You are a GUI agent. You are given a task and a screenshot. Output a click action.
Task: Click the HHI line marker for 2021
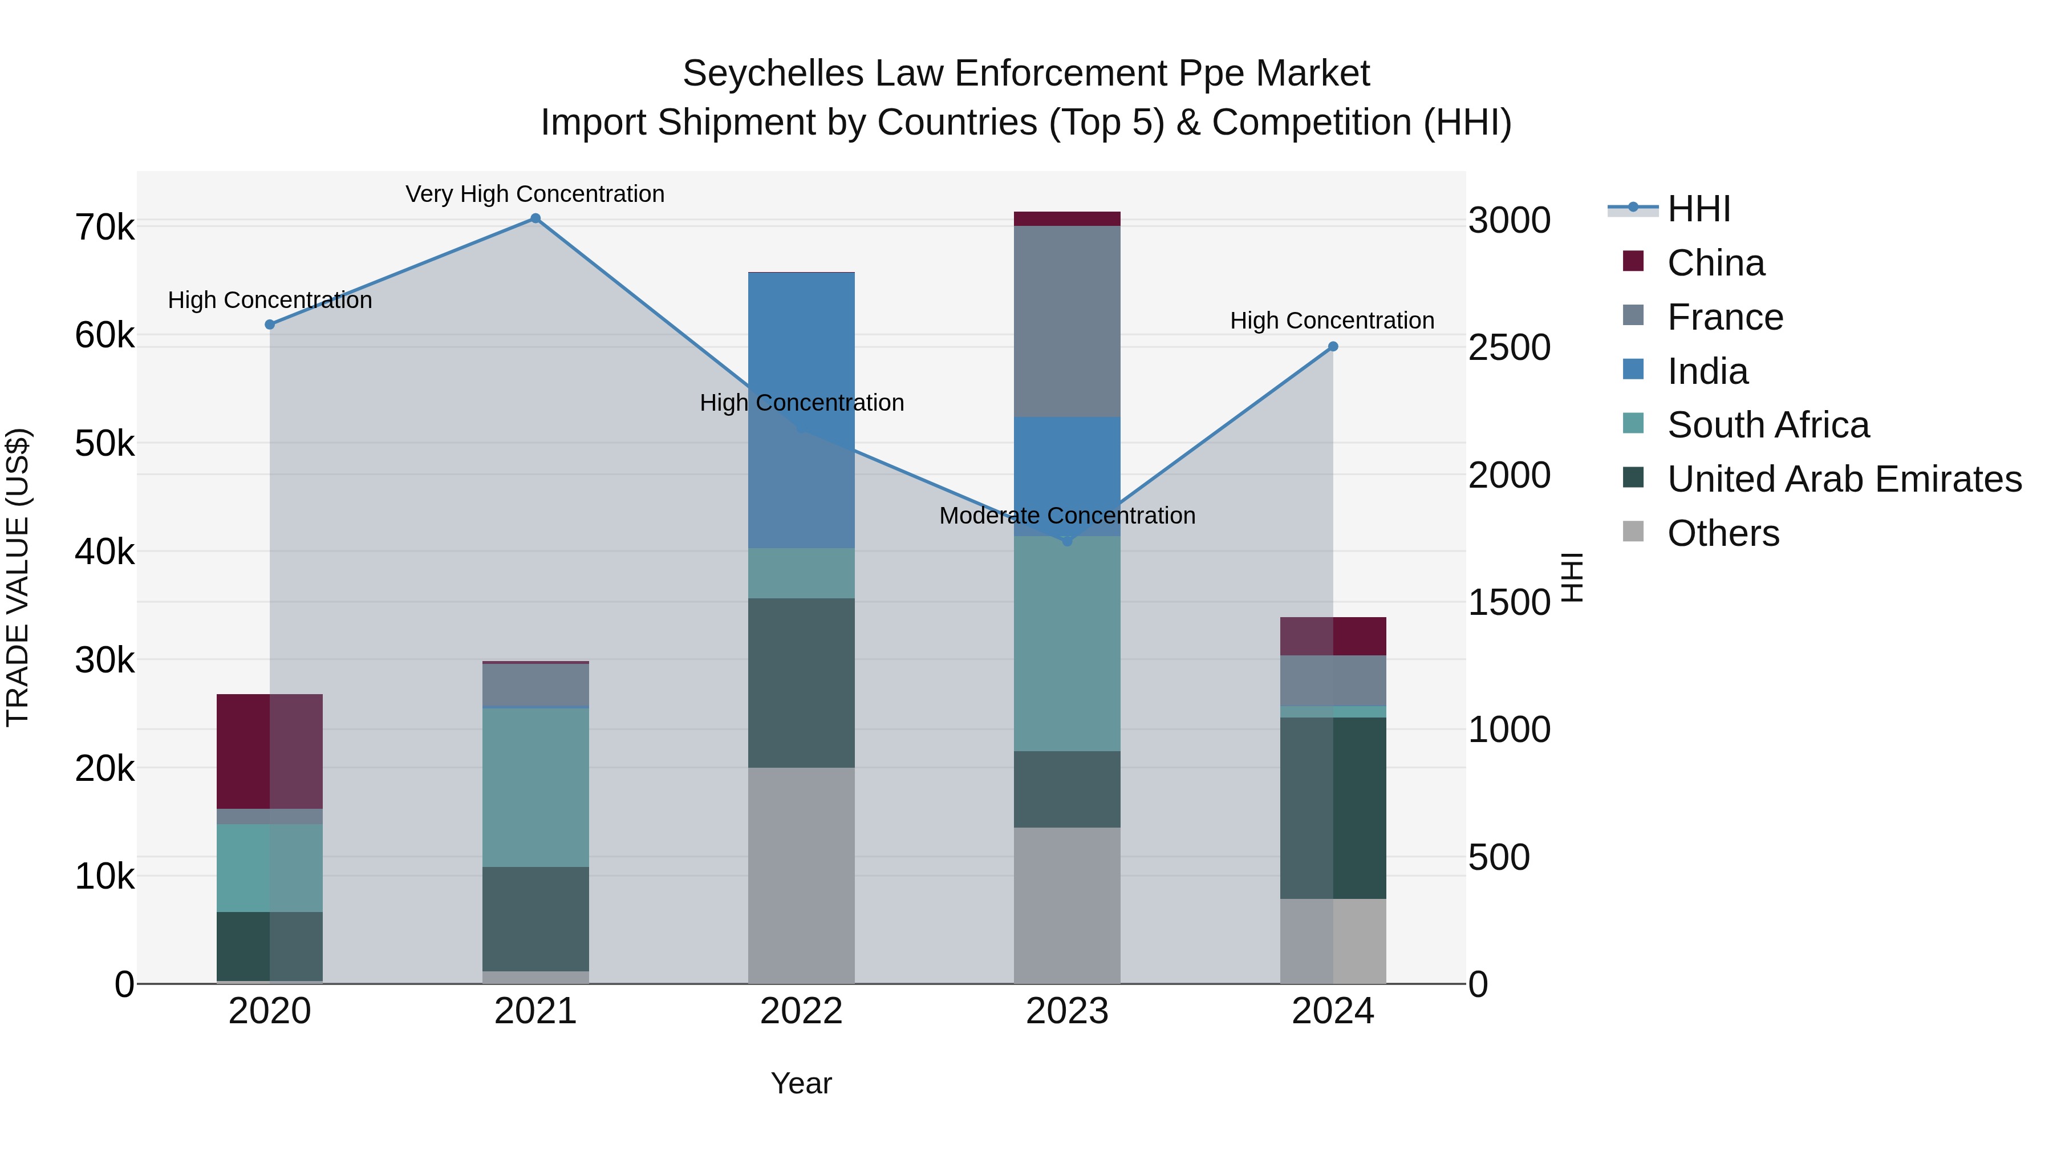(535, 218)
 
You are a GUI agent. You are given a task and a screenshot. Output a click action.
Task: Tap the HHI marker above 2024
(1333, 347)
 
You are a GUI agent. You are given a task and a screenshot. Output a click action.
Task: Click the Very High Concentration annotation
(535, 194)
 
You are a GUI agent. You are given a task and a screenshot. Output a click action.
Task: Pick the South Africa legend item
(1768, 425)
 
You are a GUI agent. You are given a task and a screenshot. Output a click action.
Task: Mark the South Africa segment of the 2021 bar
(535, 788)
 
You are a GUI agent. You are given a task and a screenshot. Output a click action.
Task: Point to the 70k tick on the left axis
(104, 228)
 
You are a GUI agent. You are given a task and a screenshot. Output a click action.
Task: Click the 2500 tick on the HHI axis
(1508, 347)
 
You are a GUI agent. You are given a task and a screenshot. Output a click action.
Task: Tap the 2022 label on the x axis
(802, 1011)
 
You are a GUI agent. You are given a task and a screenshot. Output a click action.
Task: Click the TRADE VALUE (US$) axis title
(18, 577)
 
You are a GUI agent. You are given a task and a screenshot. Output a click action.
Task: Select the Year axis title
(801, 1083)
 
